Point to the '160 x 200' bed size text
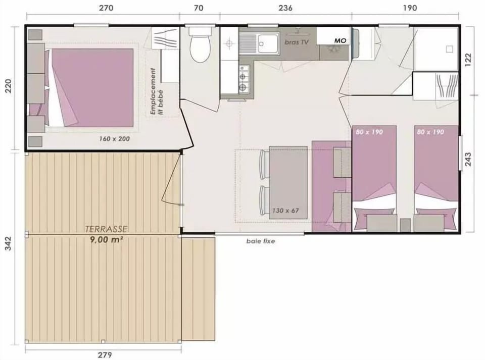(114, 138)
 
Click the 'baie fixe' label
(261, 241)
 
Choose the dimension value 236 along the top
(286, 8)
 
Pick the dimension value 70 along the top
(200, 8)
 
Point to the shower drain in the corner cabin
(449, 49)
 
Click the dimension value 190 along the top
(410, 8)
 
